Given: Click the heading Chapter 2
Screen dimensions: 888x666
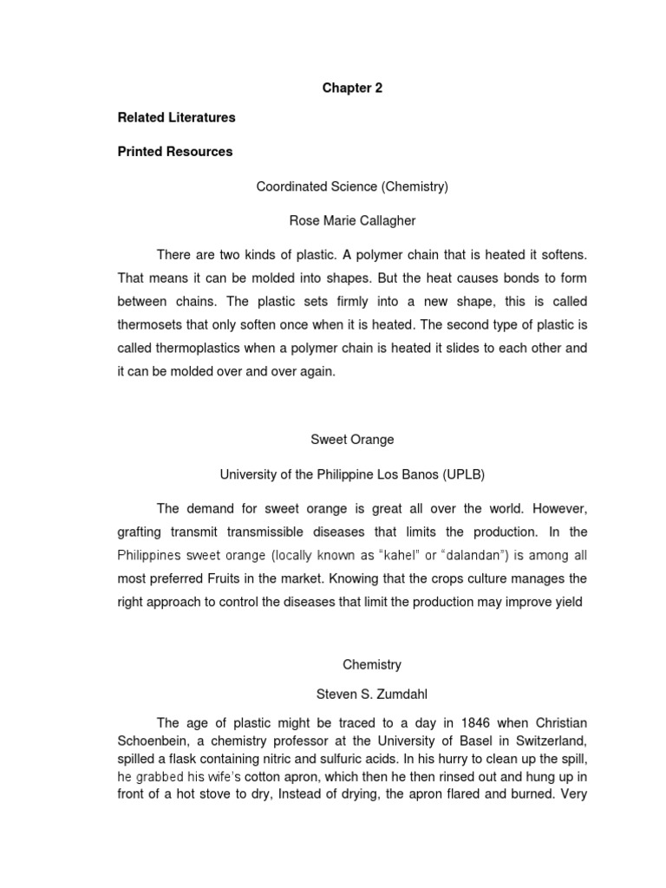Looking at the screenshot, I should tap(352, 88).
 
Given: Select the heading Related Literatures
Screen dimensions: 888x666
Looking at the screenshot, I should tap(176, 117).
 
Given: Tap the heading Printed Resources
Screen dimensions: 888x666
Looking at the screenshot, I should tap(175, 152).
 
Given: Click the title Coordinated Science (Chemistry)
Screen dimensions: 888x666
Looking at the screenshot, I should tap(352, 186).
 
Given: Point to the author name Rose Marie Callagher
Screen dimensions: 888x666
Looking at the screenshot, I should tap(352, 221).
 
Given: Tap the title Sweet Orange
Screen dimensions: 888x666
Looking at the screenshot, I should tap(352, 440).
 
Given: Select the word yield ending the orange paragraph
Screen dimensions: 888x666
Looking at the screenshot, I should tap(567, 601).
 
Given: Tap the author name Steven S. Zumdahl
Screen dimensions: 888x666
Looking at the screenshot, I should tap(352, 694).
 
